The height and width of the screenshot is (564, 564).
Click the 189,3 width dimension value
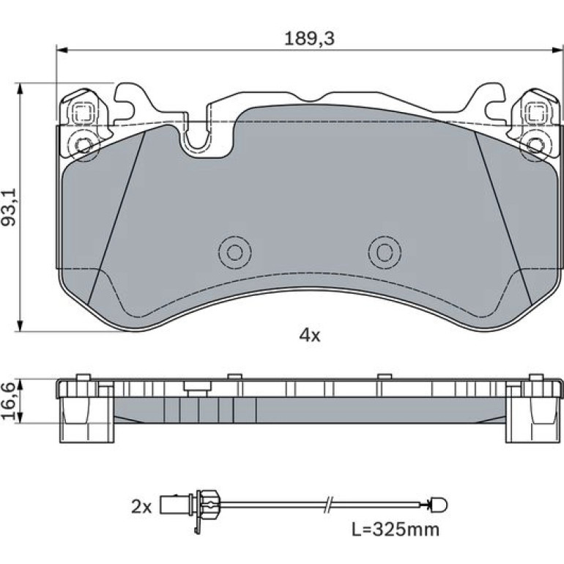(x=309, y=39)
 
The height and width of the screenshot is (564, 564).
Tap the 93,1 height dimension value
(x=9, y=207)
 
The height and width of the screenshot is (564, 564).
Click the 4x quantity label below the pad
(x=310, y=336)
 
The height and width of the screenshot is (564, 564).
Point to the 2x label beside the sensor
(x=141, y=507)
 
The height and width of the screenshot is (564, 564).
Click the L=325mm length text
(x=396, y=530)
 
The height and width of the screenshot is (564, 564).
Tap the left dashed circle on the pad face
(x=235, y=253)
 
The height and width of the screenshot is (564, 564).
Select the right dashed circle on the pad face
(x=385, y=253)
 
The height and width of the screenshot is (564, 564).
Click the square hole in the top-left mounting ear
(x=83, y=113)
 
